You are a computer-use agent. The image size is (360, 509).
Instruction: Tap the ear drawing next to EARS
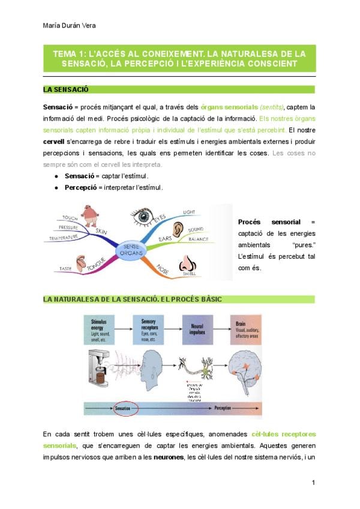click(178, 229)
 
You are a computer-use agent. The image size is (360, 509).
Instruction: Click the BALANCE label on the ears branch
click(198, 239)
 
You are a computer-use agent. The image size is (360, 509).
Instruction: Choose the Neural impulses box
click(197, 328)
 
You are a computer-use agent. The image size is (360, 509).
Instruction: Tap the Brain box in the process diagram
click(245, 328)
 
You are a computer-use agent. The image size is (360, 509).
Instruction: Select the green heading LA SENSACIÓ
click(66, 89)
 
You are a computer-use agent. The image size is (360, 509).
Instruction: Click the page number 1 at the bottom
click(313, 482)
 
